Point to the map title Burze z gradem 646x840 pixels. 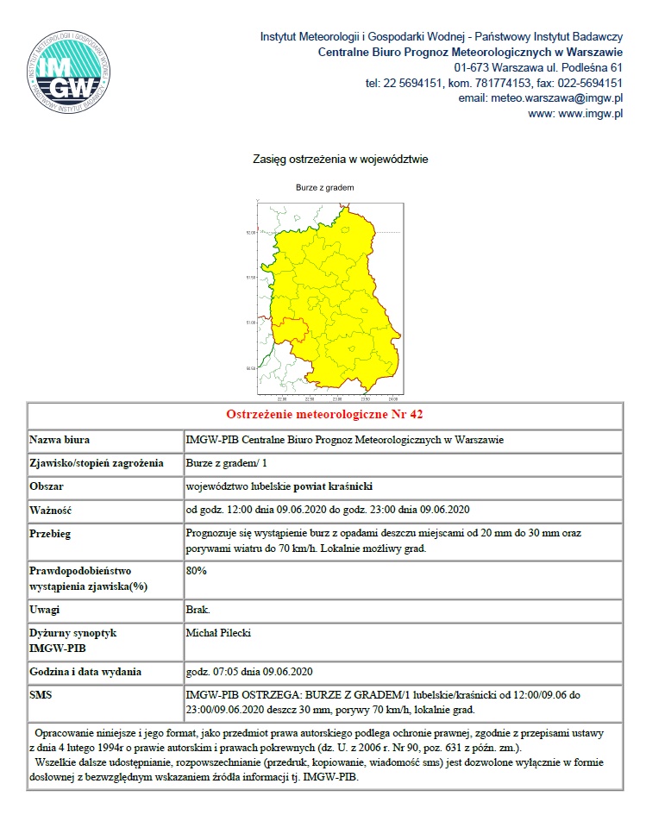click(x=325, y=187)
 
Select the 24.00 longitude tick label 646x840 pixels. click(x=392, y=399)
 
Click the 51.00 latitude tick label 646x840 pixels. click(x=251, y=323)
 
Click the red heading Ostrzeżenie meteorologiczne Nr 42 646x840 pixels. click(x=324, y=415)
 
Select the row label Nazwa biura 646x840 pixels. click(x=60, y=440)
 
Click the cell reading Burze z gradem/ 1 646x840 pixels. click(x=227, y=463)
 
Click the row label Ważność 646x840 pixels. click(x=50, y=509)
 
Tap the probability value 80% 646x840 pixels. click(x=197, y=571)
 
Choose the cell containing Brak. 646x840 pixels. click(x=198, y=610)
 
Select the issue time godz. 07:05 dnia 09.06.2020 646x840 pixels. click(x=249, y=672)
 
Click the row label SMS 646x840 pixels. click(x=42, y=694)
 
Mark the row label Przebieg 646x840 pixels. click(x=51, y=534)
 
